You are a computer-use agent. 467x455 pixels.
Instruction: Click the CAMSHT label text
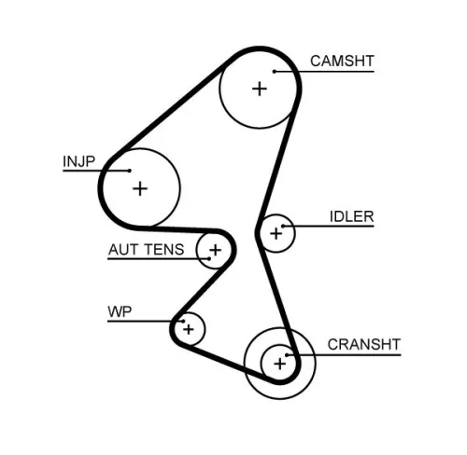[x=342, y=62]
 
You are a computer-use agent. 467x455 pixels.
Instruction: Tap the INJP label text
[x=79, y=160]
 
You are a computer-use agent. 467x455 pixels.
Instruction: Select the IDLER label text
[x=351, y=217]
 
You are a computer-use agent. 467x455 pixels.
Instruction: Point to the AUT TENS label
[x=146, y=250]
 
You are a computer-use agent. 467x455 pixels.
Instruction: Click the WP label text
[x=119, y=310]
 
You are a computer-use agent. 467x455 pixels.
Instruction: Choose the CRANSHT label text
[x=363, y=345]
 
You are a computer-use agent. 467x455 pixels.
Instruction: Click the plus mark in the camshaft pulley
[x=259, y=89]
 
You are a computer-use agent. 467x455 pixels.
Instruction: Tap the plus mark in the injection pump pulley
[x=140, y=188]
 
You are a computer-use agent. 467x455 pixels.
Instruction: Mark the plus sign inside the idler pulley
[x=275, y=234]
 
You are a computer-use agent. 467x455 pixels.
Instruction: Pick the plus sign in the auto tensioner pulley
[x=216, y=250]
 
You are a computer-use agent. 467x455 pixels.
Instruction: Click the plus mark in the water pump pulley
[x=189, y=328]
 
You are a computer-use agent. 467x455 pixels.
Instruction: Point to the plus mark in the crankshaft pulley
[x=278, y=363]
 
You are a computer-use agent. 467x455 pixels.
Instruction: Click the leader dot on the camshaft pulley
[x=276, y=71]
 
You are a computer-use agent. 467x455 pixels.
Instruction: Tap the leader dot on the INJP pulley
[x=128, y=171]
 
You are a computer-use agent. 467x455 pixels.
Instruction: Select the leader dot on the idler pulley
[x=284, y=227]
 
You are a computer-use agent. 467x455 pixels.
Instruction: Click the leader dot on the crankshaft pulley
[x=290, y=355]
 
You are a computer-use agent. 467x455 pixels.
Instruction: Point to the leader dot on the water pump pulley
[x=174, y=322]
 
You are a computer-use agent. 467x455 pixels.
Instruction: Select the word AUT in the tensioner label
[x=123, y=250]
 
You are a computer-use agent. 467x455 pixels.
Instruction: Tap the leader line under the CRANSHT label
[x=346, y=355]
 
